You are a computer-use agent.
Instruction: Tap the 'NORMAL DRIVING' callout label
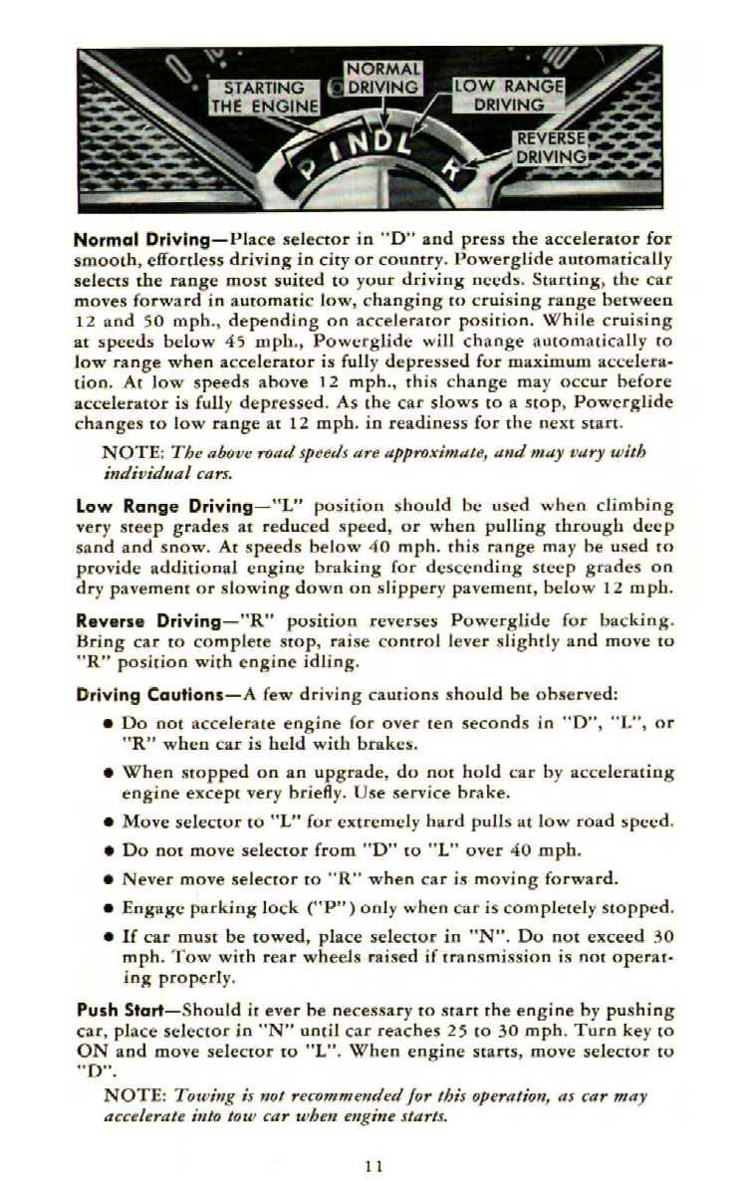[383, 79]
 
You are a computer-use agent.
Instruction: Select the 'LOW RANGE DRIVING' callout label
[508, 96]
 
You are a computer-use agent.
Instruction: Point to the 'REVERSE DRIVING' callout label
[551, 147]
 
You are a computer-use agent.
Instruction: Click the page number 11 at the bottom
[373, 1164]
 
